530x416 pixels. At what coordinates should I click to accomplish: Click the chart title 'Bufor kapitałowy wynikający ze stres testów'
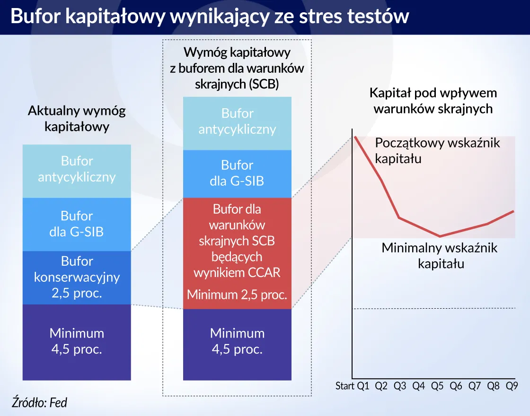(209, 17)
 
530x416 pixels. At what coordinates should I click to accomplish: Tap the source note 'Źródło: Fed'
(39, 402)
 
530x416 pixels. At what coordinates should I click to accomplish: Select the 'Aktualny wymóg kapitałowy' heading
(77, 119)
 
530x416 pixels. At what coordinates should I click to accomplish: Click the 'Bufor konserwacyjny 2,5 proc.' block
(77, 277)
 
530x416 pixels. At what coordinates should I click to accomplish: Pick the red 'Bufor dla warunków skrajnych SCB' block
(237, 241)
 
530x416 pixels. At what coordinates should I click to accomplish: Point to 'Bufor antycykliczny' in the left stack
(77, 170)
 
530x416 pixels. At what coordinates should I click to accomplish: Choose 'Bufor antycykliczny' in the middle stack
(237, 121)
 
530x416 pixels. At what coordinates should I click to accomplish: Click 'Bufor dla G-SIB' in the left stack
(77, 224)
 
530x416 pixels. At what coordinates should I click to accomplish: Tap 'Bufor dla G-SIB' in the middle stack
(237, 173)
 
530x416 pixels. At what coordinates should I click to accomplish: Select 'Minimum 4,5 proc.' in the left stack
(77, 341)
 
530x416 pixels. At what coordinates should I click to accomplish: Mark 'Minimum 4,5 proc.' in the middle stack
(237, 341)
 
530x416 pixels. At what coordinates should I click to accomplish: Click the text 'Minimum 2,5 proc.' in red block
(237, 295)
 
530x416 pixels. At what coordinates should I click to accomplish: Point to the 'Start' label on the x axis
(345, 386)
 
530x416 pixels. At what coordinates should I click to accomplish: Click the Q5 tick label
(437, 386)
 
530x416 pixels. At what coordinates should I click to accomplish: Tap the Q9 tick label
(512, 386)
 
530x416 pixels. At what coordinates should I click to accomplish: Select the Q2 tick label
(381, 386)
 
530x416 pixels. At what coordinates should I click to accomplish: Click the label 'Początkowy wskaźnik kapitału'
(437, 150)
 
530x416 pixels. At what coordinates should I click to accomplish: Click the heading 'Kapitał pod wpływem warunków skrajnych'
(433, 101)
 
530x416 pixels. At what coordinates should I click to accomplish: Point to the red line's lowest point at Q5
(440, 236)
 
